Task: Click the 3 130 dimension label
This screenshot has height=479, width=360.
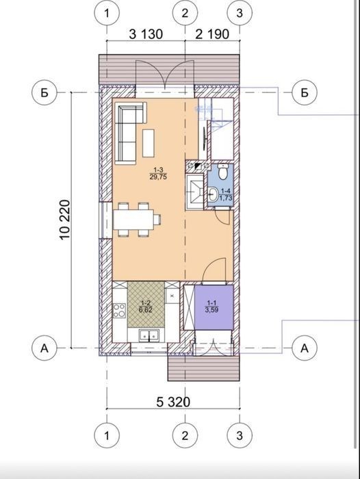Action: click(x=146, y=34)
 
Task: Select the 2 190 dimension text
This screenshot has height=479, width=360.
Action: click(x=212, y=34)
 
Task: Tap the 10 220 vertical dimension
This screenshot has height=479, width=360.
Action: click(x=65, y=220)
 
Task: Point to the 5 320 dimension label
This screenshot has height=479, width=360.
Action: click(x=173, y=402)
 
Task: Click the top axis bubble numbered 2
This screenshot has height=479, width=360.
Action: click(x=185, y=13)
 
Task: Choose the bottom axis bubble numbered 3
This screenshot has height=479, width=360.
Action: click(x=240, y=436)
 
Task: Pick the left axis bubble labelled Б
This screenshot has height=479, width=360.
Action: click(x=44, y=92)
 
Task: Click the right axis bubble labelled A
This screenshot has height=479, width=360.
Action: click(x=305, y=348)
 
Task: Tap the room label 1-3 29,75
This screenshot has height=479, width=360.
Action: click(x=158, y=174)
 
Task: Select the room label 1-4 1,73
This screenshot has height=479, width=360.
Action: click(x=226, y=195)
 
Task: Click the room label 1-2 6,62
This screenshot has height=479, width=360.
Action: click(x=146, y=307)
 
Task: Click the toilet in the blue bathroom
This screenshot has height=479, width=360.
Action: click(x=224, y=172)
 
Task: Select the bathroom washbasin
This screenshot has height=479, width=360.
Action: click(x=213, y=194)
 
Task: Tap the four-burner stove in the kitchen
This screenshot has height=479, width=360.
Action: click(x=119, y=310)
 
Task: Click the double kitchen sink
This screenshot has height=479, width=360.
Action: click(x=149, y=335)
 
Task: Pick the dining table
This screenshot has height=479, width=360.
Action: click(x=133, y=220)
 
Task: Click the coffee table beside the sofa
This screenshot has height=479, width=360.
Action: click(x=149, y=143)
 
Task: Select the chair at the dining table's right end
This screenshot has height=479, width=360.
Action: click(x=157, y=220)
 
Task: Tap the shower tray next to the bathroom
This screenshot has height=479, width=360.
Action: click(x=194, y=192)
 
